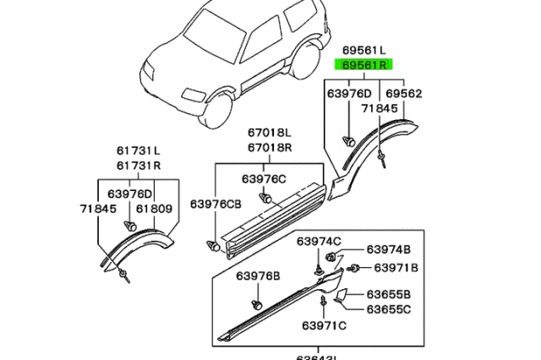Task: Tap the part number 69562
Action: point(405,94)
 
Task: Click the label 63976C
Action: point(264,179)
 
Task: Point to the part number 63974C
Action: point(318,243)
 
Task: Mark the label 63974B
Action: point(388,250)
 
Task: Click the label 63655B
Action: point(388,295)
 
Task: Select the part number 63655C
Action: point(388,308)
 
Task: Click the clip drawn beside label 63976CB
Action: point(213,246)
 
